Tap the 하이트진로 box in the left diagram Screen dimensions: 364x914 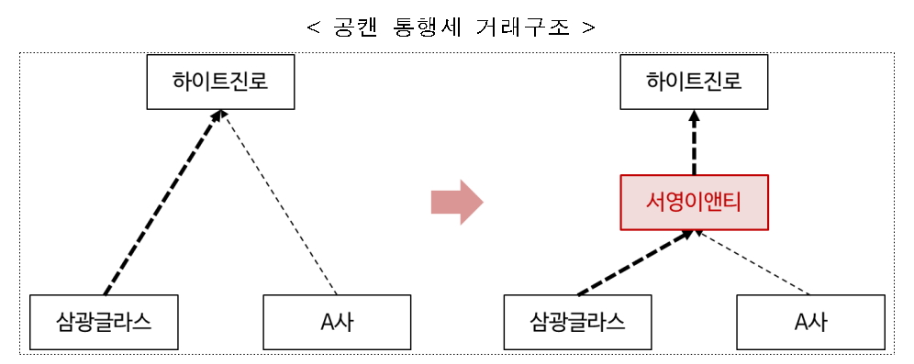point(220,83)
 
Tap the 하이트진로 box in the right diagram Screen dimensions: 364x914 point(694,83)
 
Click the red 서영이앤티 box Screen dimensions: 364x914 point(694,202)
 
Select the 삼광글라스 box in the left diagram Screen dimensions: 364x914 point(104,322)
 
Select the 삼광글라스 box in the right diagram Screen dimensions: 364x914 point(578,322)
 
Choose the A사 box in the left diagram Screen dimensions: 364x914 point(336,322)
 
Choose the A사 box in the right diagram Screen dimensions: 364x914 point(810,322)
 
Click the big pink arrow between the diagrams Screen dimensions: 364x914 point(456,202)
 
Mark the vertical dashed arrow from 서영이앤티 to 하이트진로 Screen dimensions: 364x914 point(694,147)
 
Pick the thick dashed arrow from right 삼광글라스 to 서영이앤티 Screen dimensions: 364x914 point(633,263)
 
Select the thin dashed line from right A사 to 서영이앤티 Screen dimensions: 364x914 point(752,263)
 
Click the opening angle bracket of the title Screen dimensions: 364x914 point(314,28)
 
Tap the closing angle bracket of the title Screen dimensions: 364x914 point(588,28)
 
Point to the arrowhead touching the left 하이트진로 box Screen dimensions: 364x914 point(217,116)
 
